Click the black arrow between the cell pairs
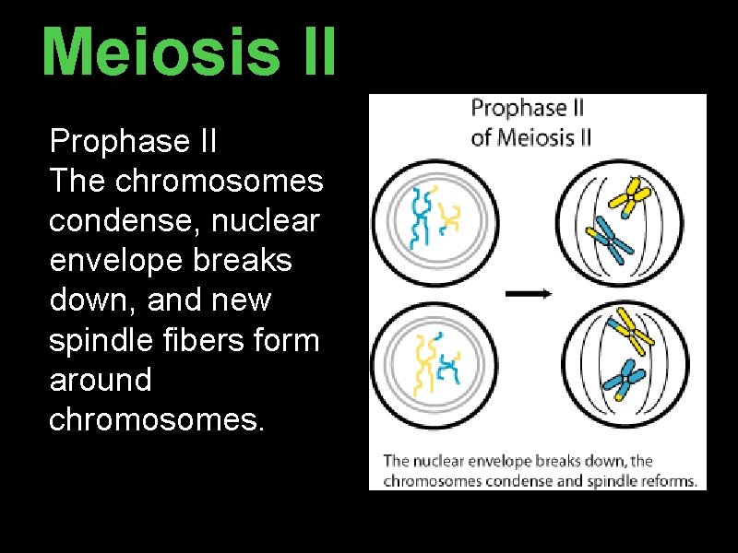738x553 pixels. [x=529, y=293]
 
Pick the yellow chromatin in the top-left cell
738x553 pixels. [x=450, y=217]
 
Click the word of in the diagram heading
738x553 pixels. [x=481, y=138]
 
